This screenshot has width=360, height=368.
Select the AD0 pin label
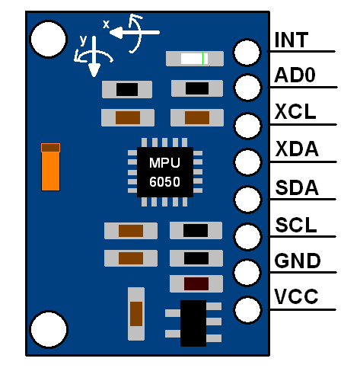(295, 76)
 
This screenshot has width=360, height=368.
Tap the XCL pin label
(295, 113)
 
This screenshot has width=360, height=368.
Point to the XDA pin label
(296, 149)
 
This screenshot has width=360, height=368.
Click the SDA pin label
(296, 187)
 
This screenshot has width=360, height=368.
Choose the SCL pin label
(295, 226)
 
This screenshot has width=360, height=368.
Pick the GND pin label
(297, 262)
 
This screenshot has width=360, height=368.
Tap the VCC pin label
(296, 297)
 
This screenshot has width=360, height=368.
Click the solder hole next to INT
(248, 52)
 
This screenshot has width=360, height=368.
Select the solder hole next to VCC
(248, 309)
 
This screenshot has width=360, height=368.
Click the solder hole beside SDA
(248, 199)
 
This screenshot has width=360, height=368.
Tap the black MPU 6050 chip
(165, 172)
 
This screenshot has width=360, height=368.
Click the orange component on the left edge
(50, 167)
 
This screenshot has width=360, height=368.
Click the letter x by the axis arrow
(107, 25)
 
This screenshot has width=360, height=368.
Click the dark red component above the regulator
(196, 284)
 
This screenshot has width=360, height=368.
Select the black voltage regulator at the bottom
(193, 322)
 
